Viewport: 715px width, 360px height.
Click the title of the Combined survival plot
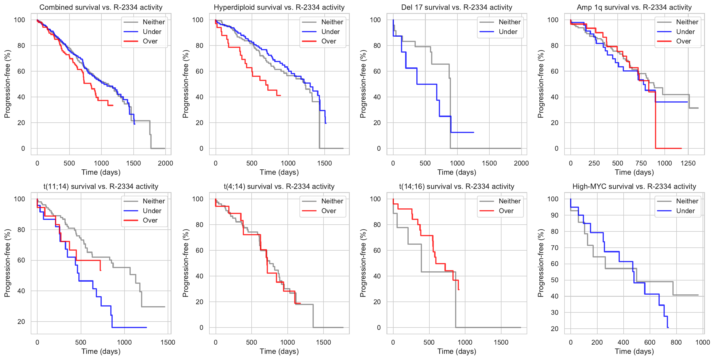click(101, 7)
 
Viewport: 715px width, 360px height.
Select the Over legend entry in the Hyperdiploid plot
click(329, 41)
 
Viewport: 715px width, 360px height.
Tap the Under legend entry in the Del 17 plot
click(508, 32)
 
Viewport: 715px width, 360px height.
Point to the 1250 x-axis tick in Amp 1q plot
click(688, 163)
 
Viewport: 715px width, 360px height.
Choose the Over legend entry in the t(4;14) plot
click(329, 211)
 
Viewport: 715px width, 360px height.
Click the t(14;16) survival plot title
click(457, 187)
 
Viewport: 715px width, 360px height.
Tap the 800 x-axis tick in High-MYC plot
click(676, 342)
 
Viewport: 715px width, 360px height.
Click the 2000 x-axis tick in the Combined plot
click(165, 163)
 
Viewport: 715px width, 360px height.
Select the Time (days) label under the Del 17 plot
click(457, 172)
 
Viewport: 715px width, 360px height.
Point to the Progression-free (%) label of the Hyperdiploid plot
click(185, 84)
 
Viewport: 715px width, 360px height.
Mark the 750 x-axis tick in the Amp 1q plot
click(641, 163)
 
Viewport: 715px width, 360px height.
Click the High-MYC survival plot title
click(634, 187)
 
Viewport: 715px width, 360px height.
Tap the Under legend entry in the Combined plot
click(152, 32)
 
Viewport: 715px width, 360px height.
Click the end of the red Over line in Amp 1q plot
click(681, 148)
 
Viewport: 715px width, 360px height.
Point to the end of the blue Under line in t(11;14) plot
click(146, 327)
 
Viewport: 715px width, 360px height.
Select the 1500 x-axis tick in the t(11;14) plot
click(168, 342)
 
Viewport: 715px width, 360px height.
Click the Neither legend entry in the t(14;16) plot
click(509, 201)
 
